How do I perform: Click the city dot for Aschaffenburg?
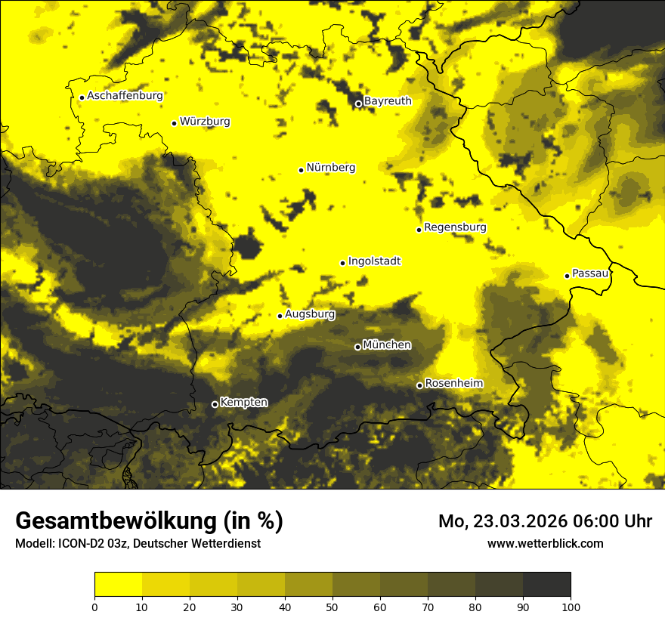coord(82,97)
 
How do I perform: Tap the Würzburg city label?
coord(205,122)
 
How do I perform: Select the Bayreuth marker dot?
coord(358,103)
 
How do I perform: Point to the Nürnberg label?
coord(330,168)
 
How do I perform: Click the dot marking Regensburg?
coord(419,230)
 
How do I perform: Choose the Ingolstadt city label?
coord(374,261)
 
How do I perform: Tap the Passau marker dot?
coord(567,276)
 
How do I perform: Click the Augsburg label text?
coord(310,314)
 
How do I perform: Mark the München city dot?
coord(357,347)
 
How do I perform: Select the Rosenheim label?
coord(453,384)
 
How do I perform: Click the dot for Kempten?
coord(215,404)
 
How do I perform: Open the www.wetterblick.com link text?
coord(545,544)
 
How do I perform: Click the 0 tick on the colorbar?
coord(94,607)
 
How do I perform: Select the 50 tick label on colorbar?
coord(332,607)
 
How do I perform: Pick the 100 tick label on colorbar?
coord(571,607)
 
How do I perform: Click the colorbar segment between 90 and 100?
coord(546,585)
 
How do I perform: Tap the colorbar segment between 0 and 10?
coord(119,585)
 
